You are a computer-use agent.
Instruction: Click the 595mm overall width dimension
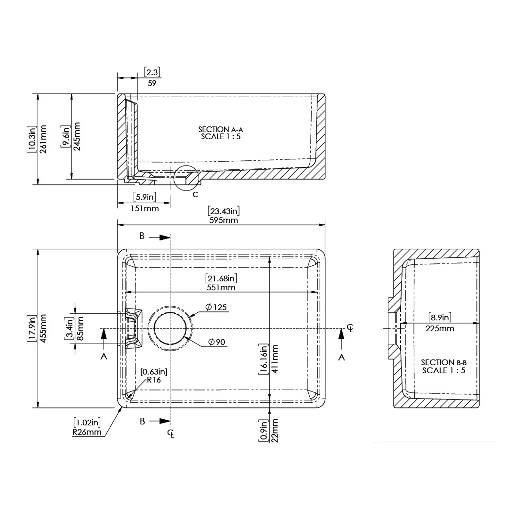click(224, 220)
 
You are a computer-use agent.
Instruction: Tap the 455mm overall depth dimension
click(43, 328)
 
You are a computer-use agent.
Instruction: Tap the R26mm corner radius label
click(87, 432)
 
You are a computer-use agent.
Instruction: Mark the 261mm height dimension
click(43, 139)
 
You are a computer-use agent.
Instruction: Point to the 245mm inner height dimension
click(77, 136)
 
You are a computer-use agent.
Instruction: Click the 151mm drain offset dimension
click(144, 208)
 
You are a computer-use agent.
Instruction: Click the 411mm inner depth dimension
click(274, 359)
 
